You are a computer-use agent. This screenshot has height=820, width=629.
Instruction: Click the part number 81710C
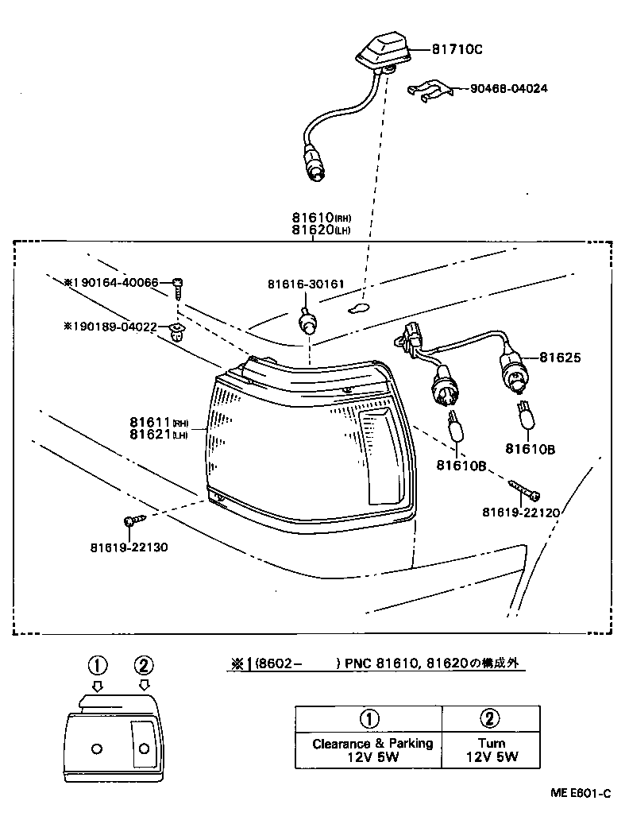[x=457, y=49]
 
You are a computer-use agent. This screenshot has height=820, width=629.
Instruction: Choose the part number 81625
[x=561, y=358]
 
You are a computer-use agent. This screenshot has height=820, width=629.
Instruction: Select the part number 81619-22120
[x=520, y=512]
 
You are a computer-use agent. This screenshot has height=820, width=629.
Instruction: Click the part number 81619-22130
[x=129, y=547]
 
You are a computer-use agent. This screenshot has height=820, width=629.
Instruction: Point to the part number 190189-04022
[x=115, y=326]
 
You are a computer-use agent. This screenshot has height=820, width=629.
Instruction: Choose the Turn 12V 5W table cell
[x=491, y=750]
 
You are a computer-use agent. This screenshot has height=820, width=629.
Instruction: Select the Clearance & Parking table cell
[x=372, y=750]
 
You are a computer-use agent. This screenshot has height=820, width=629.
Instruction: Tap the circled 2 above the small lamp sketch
[x=144, y=665]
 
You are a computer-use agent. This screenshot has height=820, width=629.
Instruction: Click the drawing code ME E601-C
[x=581, y=793]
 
